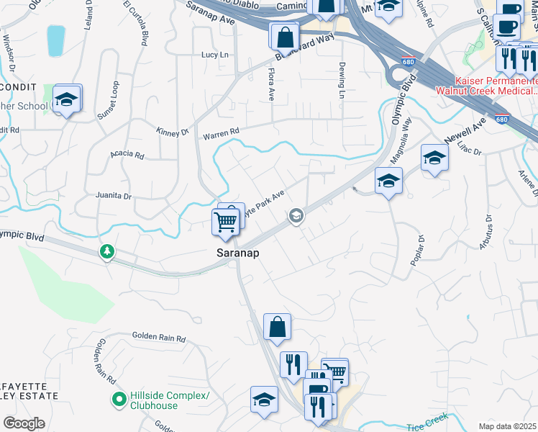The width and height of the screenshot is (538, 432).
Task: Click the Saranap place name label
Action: (238, 253)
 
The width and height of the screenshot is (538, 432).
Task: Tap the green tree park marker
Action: (107, 251)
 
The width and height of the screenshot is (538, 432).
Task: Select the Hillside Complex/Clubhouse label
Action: (169, 400)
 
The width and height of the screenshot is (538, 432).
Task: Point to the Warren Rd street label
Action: (220, 133)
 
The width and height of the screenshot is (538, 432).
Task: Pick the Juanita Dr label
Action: (114, 196)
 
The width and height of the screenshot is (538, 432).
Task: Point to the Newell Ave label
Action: (465, 129)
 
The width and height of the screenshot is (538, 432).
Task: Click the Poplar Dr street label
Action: (417, 250)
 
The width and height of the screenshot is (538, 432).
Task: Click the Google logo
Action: (24, 423)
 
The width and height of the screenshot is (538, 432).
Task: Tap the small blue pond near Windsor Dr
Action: (55, 40)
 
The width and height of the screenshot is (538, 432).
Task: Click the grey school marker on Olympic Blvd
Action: (295, 215)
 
